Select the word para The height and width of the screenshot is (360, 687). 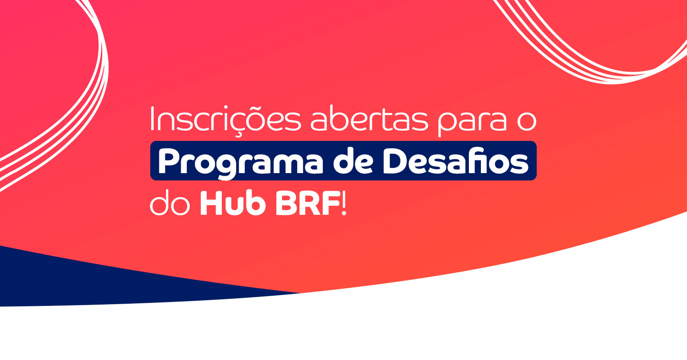pyautogui.click(x=472, y=122)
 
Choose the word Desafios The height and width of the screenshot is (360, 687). pyautogui.click(x=456, y=161)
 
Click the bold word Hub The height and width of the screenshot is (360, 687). pyautogui.click(x=233, y=203)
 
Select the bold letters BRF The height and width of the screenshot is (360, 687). pyautogui.click(x=307, y=203)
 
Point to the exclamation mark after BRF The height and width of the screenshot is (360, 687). pyautogui.click(x=344, y=203)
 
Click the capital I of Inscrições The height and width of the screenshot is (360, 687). pyautogui.click(x=152, y=118)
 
